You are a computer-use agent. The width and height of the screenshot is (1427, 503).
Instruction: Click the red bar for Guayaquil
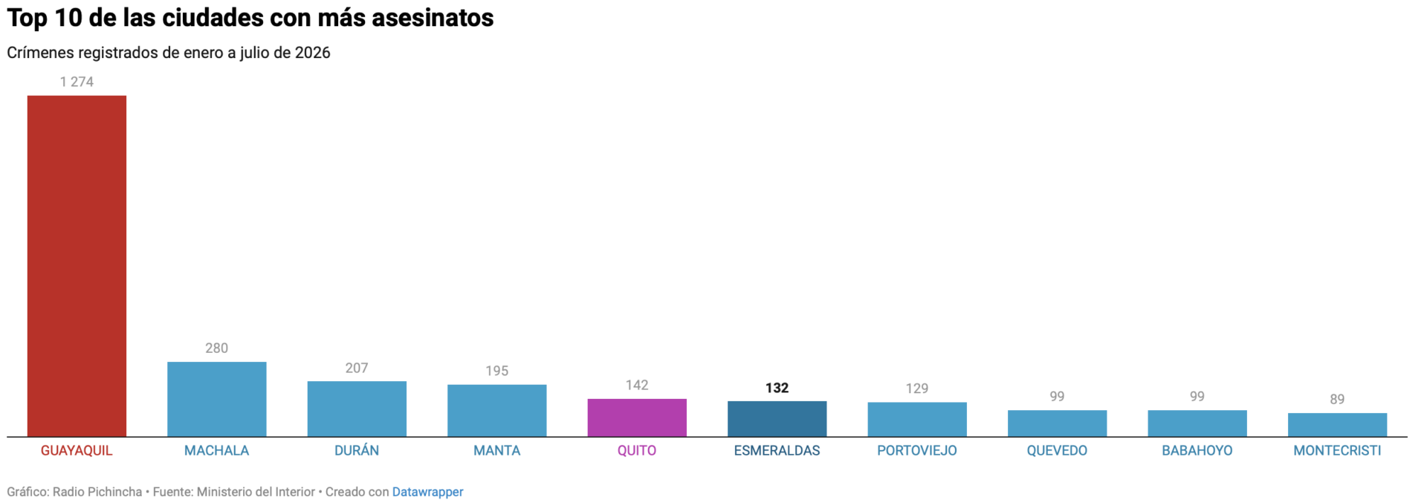click(77, 266)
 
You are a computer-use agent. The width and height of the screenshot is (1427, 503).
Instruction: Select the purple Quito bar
click(637, 418)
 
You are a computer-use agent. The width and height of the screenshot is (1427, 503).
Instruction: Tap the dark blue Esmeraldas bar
click(777, 419)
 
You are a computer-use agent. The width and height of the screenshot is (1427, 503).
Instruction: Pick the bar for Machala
click(216, 399)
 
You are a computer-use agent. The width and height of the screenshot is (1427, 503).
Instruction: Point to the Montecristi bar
click(1337, 425)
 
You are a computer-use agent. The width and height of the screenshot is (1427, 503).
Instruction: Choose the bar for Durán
click(357, 409)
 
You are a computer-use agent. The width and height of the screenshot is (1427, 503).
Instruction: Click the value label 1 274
click(77, 82)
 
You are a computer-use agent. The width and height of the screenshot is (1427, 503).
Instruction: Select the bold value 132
click(777, 388)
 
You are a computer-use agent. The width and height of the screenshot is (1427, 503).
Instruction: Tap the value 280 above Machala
click(216, 348)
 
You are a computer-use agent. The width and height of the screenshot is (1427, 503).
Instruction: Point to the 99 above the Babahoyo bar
click(1197, 396)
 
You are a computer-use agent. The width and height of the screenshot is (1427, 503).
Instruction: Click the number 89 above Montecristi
click(1337, 399)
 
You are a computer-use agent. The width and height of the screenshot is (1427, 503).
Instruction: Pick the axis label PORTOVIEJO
click(916, 450)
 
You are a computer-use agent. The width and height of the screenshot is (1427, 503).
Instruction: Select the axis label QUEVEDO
click(1057, 450)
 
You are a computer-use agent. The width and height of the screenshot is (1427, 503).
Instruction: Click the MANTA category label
click(496, 450)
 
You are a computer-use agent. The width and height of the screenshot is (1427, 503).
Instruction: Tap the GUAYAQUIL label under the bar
click(77, 450)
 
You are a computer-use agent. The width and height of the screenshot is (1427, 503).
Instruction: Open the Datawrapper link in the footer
click(427, 492)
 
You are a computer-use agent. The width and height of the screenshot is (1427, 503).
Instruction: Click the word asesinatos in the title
click(433, 18)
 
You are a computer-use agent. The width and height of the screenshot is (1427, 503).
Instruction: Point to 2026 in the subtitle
click(312, 53)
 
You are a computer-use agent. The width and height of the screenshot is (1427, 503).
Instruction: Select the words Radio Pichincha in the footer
click(97, 492)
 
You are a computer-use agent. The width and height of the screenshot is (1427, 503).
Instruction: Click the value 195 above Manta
click(496, 371)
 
